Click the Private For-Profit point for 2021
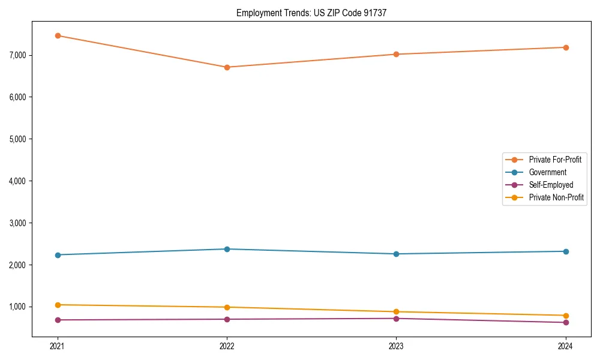click(x=58, y=35)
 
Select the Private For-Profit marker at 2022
click(x=227, y=67)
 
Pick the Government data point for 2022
click(x=227, y=249)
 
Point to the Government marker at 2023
click(x=396, y=254)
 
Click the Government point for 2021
click(x=58, y=255)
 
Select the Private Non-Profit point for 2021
click(x=58, y=305)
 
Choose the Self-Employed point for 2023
click(x=396, y=319)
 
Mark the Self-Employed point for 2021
click(x=58, y=320)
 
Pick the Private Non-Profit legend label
click(x=556, y=197)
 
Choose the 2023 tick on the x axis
click(x=396, y=346)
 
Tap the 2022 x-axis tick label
click(x=227, y=346)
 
